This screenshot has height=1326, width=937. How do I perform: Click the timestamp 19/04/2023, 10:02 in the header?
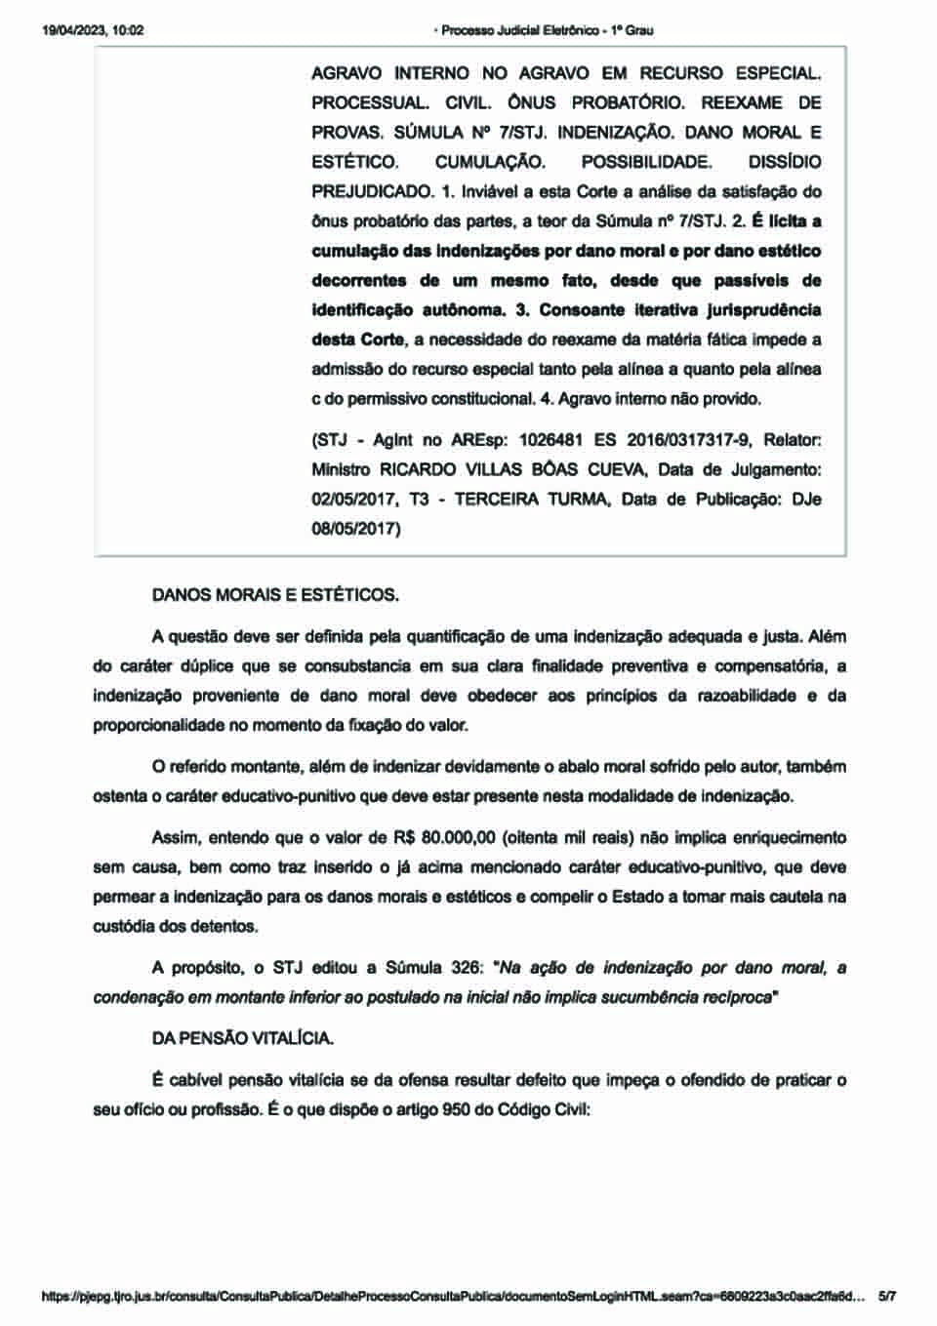point(93,30)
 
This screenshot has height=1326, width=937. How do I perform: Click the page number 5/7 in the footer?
point(887,1297)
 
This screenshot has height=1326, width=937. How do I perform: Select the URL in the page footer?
point(454,1297)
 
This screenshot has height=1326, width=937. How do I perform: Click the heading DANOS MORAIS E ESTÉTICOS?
point(275,594)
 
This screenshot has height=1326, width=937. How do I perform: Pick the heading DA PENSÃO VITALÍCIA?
point(242,1038)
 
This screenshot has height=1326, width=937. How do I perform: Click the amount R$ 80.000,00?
point(445,838)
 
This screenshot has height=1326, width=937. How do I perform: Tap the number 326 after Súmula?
point(467,968)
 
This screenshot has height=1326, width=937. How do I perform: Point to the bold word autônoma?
point(472,309)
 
